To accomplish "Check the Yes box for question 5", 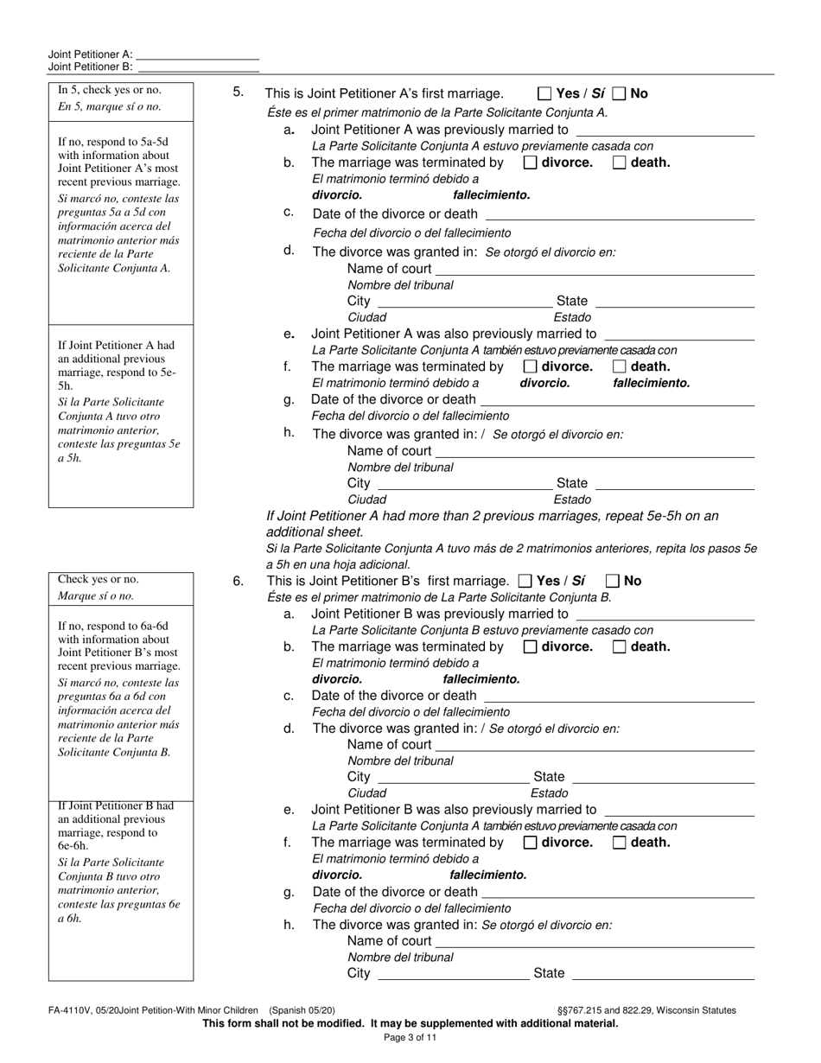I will click(544, 93).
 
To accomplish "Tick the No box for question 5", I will click(619, 93).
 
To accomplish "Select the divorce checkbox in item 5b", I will click(531, 162).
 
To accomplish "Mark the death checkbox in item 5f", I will click(619, 366).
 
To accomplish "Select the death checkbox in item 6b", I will click(619, 646).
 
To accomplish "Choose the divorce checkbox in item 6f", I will click(531, 843).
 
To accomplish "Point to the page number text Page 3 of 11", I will click(410, 1038).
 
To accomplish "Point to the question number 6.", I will click(239, 582).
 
